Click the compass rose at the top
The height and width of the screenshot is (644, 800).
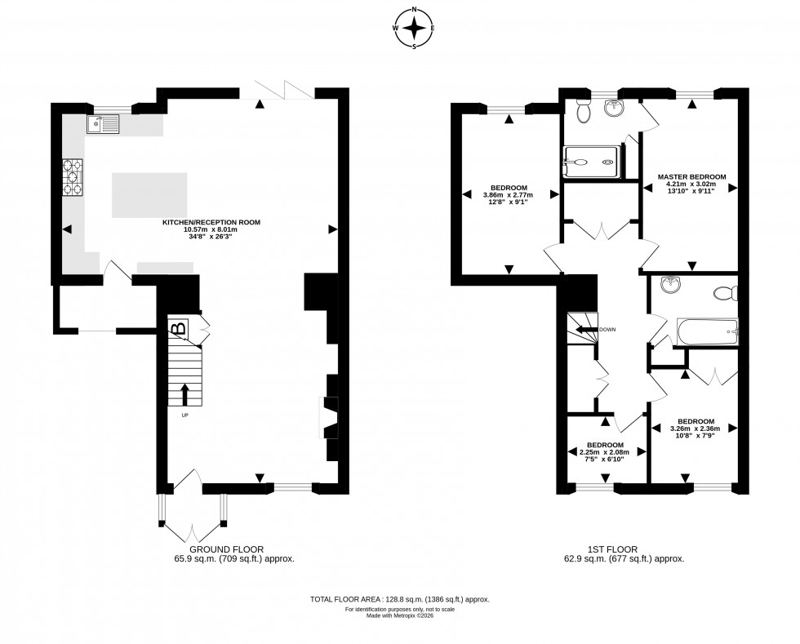coord(415,29)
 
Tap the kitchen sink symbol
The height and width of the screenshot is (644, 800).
coord(101,124)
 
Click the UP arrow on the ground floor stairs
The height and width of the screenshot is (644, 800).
coord(184,394)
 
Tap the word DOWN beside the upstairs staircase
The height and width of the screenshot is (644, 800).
coord(607,330)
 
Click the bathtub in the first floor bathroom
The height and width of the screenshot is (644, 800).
coord(707,331)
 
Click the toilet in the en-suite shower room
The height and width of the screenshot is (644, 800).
coord(583,112)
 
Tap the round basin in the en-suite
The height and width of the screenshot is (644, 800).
coord(613,107)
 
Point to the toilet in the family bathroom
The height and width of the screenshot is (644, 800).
coord(723,293)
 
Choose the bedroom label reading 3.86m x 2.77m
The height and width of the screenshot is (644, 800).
coord(509,195)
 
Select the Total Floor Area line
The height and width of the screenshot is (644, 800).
coord(399,599)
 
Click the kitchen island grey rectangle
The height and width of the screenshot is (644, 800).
coord(149,195)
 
